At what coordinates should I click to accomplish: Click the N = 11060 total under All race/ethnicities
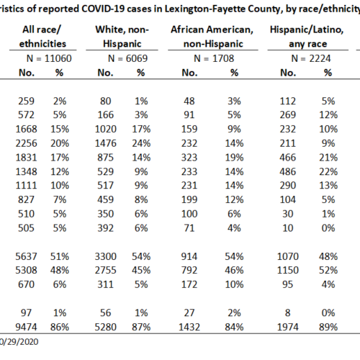[x=49, y=58]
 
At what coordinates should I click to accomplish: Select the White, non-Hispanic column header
[x=122, y=37]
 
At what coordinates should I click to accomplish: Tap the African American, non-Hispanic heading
[x=212, y=37]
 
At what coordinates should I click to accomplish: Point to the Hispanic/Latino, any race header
[x=307, y=37]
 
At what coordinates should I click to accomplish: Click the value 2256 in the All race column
[x=27, y=143]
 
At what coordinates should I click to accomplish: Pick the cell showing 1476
[x=106, y=143]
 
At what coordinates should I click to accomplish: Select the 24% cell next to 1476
[x=141, y=143]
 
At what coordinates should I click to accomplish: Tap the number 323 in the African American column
[x=189, y=158]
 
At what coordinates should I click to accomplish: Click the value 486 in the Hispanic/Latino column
[x=288, y=171]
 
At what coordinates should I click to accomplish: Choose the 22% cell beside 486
[x=328, y=171]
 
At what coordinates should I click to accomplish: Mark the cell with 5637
[x=27, y=256]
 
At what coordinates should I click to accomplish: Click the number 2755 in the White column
[x=106, y=270]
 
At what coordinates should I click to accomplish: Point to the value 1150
[x=288, y=270]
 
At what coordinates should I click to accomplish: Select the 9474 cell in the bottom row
[x=27, y=327]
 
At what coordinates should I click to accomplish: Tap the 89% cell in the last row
[x=328, y=327]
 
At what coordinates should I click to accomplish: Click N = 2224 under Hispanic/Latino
[x=311, y=58]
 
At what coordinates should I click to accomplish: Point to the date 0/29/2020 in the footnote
[x=19, y=341]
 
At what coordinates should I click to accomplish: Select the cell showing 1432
[x=189, y=327]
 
